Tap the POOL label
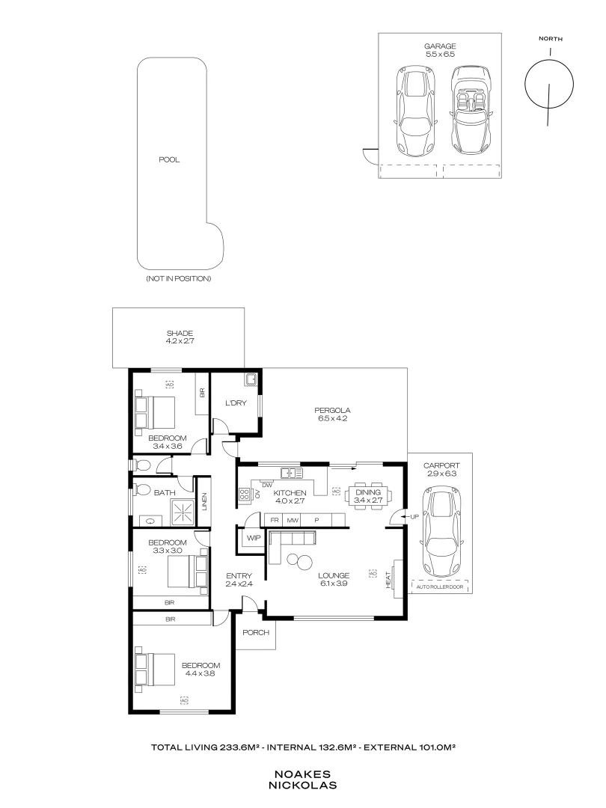[x=170, y=159]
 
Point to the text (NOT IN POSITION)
[x=179, y=278]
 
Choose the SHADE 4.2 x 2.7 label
[x=180, y=337]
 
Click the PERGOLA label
[x=333, y=414]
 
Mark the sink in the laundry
[x=254, y=381]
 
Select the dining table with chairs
[x=367, y=494]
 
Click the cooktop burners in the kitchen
[x=245, y=493]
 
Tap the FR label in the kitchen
[x=275, y=519]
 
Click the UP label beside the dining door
[x=414, y=517]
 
